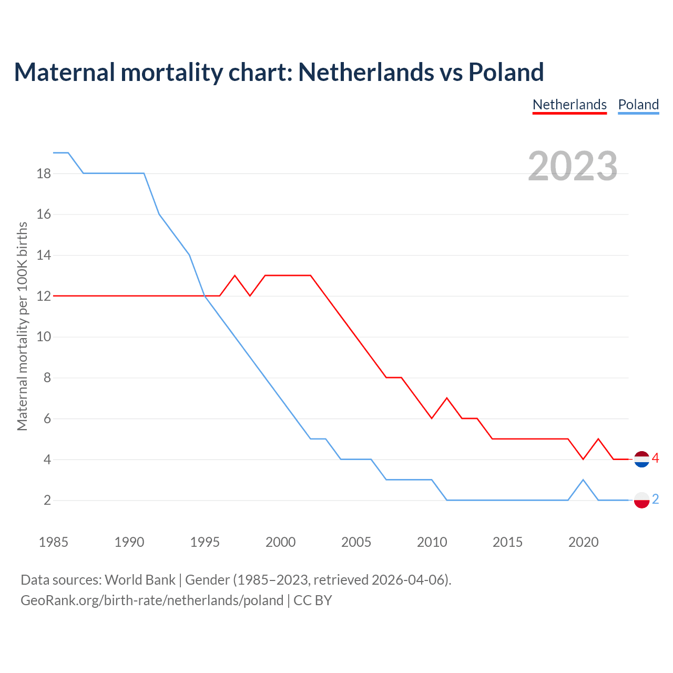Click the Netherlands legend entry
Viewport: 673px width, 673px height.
click(569, 105)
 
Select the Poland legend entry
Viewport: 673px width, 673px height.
click(638, 105)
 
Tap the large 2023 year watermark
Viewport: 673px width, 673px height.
click(573, 166)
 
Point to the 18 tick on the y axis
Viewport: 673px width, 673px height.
click(44, 174)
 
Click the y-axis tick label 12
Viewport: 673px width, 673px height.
click(44, 296)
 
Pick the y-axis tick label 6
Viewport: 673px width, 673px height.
click(47, 419)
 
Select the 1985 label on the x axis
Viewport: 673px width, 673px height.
click(54, 542)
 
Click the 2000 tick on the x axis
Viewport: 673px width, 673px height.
click(280, 542)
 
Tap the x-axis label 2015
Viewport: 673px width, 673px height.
click(507, 542)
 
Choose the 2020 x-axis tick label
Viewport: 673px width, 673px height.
click(583, 542)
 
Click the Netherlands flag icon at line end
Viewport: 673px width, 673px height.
click(641, 459)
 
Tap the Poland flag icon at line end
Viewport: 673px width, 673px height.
click(641, 500)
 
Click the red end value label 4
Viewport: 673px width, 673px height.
click(656, 458)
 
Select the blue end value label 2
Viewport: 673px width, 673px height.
click(656, 499)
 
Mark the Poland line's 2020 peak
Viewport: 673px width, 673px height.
click(583, 480)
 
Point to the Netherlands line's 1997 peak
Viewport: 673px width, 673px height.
click(235, 276)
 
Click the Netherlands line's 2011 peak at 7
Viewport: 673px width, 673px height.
click(447, 398)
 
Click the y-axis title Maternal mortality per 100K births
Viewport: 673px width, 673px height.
click(22, 326)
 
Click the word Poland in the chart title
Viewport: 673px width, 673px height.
click(506, 72)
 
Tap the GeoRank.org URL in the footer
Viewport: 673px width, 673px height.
click(152, 600)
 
